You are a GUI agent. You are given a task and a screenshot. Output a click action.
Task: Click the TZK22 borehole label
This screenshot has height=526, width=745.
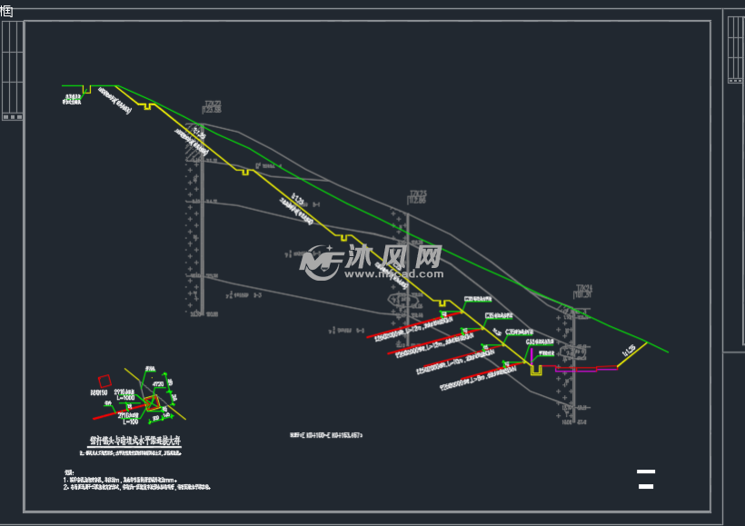click(212, 104)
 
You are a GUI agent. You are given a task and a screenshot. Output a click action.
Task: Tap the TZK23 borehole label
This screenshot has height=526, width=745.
click(417, 194)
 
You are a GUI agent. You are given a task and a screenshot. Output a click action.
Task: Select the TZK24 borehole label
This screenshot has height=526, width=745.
click(583, 289)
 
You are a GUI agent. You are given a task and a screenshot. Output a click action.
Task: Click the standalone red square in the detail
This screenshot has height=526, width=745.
click(104, 382)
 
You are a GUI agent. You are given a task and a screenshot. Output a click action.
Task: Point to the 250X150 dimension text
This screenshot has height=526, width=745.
click(99, 392)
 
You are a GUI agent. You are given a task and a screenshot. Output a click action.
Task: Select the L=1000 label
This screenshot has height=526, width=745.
click(124, 398)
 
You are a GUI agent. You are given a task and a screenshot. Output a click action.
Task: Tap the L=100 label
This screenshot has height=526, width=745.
click(129, 422)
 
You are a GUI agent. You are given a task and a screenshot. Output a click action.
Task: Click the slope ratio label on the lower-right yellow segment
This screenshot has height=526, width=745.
click(629, 351)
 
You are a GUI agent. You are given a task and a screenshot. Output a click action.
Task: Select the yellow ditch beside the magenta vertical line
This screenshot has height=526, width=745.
click(537, 370)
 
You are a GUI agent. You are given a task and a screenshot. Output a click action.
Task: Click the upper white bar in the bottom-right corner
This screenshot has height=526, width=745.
click(645, 471)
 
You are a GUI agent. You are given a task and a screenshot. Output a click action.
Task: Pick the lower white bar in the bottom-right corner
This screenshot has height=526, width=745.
click(646, 487)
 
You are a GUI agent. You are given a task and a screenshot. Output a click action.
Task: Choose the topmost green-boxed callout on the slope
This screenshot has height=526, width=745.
click(478, 298)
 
